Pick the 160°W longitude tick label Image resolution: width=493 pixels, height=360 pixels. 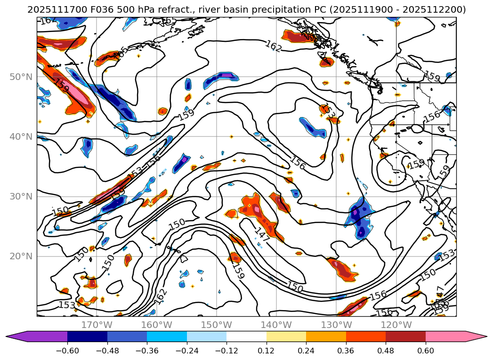[157, 325]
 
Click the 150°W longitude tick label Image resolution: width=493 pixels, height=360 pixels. [217, 325]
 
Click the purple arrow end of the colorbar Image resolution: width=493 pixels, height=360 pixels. [14, 336]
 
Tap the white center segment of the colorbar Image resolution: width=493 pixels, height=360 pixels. [246, 336]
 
